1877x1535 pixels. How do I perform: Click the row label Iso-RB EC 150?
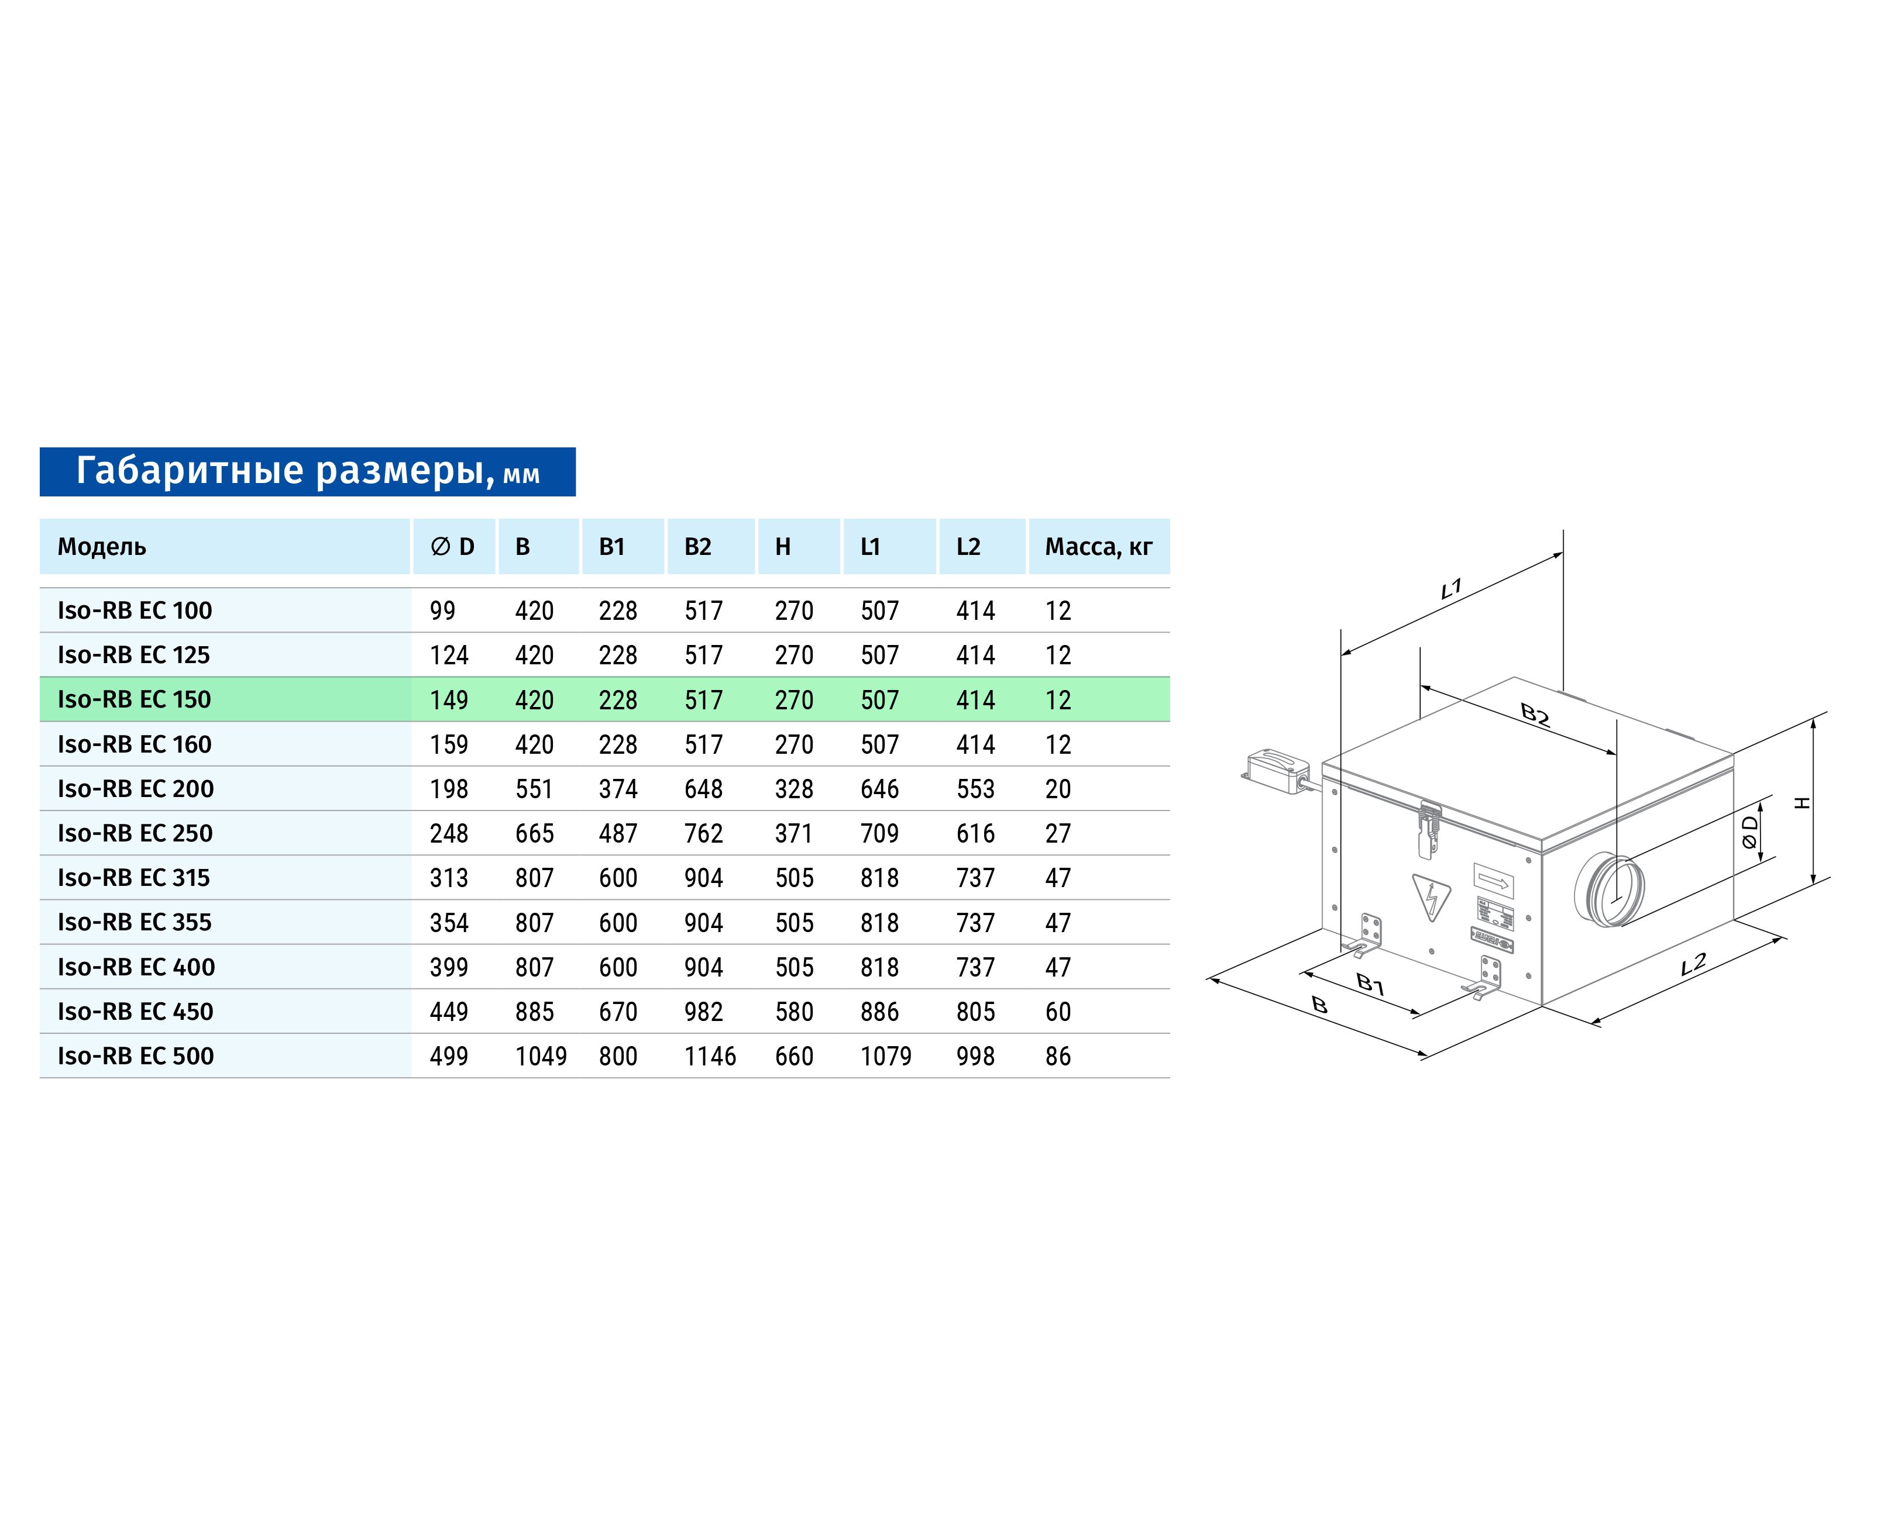135,699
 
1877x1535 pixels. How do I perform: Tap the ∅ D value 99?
442,611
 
